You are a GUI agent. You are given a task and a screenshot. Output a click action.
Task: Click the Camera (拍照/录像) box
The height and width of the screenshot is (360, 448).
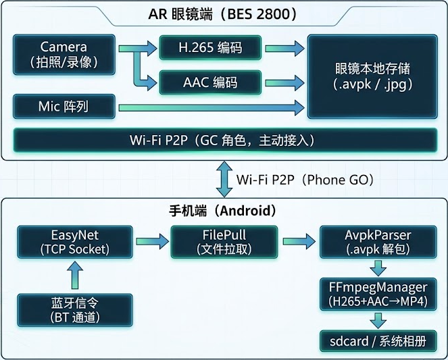pyautogui.click(x=64, y=55)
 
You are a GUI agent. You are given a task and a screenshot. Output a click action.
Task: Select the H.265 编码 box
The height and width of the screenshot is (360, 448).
pyautogui.click(x=210, y=48)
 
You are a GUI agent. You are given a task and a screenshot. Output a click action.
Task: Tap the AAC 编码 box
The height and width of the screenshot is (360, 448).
pyautogui.click(x=210, y=82)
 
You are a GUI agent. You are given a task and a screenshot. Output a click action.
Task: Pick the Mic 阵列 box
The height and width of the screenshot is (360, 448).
pyautogui.click(x=64, y=107)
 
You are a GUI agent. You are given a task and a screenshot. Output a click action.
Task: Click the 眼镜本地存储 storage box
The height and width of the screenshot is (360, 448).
pyautogui.click(x=372, y=76)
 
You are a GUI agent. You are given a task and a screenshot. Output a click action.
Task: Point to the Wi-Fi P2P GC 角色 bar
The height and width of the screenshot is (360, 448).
pyautogui.click(x=225, y=140)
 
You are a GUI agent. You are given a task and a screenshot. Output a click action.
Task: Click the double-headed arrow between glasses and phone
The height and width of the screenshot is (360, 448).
pyautogui.click(x=224, y=179)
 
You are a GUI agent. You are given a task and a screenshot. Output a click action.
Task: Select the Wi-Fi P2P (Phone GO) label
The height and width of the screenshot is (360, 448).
pyautogui.click(x=305, y=180)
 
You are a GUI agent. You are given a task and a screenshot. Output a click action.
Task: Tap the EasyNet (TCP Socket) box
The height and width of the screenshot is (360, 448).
pyautogui.click(x=75, y=242)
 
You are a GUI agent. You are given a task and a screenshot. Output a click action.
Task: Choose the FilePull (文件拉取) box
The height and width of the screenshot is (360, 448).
pyautogui.click(x=224, y=242)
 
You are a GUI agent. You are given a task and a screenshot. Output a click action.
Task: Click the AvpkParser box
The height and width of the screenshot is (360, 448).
pyautogui.click(x=378, y=242)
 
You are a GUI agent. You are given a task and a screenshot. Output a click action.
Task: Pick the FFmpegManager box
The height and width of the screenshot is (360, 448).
pyautogui.click(x=378, y=294)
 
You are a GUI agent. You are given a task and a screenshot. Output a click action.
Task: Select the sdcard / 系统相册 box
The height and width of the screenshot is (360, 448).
pyautogui.click(x=378, y=341)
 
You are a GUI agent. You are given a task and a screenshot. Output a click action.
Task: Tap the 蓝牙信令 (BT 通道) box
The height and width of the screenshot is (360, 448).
pyautogui.click(x=75, y=310)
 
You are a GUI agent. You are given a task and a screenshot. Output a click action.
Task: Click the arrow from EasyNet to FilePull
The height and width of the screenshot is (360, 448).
pyautogui.click(x=152, y=242)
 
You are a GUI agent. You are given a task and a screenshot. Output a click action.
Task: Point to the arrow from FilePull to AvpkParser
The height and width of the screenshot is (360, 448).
pyautogui.click(x=299, y=242)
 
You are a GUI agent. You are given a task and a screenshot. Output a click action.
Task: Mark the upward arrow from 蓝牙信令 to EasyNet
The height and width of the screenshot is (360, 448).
pyautogui.click(x=75, y=275)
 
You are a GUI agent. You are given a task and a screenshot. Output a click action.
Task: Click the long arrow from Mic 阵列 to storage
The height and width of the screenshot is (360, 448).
pyautogui.click(x=211, y=107)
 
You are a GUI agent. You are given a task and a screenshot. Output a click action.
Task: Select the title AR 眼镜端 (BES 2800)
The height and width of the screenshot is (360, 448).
pyautogui.click(x=223, y=14)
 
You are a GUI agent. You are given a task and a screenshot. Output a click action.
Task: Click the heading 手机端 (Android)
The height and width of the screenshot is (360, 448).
pyautogui.click(x=223, y=211)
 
